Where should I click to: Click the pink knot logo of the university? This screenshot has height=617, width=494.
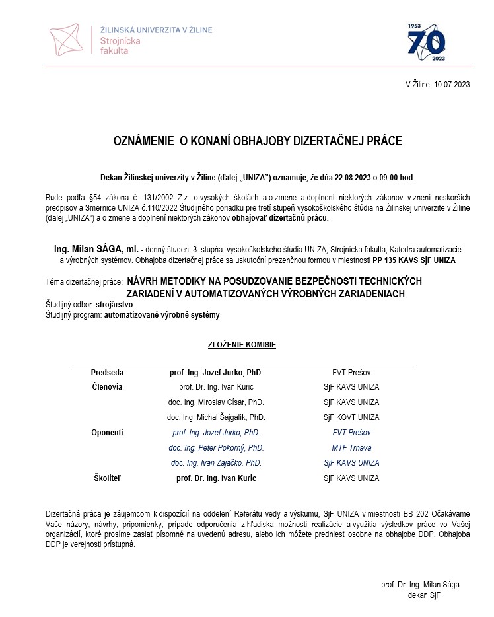coord(70,38)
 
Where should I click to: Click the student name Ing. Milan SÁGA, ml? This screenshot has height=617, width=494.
coord(96,249)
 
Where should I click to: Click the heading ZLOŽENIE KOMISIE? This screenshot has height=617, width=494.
coord(242,345)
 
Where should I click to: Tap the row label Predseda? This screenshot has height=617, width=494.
coord(107,373)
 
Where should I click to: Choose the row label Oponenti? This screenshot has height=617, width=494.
coord(107,433)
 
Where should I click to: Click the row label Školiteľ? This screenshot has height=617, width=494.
coord(107,478)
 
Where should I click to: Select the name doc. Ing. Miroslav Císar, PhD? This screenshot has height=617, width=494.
coord(216,402)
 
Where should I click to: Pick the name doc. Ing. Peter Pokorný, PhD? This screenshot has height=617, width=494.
coord(216,448)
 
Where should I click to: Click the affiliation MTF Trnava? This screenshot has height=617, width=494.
coord(351,448)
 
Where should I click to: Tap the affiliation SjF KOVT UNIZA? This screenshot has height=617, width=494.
coord(351,417)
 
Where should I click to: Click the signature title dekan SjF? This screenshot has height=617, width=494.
coord(424,595)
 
